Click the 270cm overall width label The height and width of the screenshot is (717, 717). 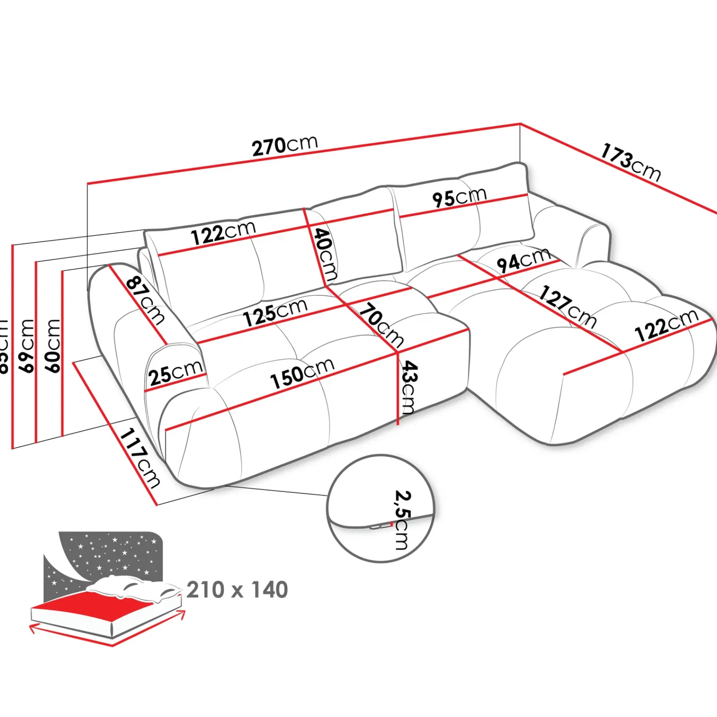pyautogui.click(x=285, y=145)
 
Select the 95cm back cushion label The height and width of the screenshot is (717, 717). pyautogui.click(x=459, y=197)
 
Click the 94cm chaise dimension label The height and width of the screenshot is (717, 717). pyautogui.click(x=523, y=260)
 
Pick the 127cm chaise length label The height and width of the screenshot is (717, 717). pyautogui.click(x=568, y=307)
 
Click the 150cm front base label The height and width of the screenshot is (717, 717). pyautogui.click(x=302, y=373)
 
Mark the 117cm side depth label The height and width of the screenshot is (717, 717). pyautogui.click(x=140, y=458)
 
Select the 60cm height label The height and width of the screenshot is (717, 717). pyautogui.click(x=53, y=346)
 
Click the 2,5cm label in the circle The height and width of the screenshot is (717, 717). pyautogui.click(x=402, y=520)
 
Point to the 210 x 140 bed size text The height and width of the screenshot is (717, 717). pyautogui.click(x=237, y=590)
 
